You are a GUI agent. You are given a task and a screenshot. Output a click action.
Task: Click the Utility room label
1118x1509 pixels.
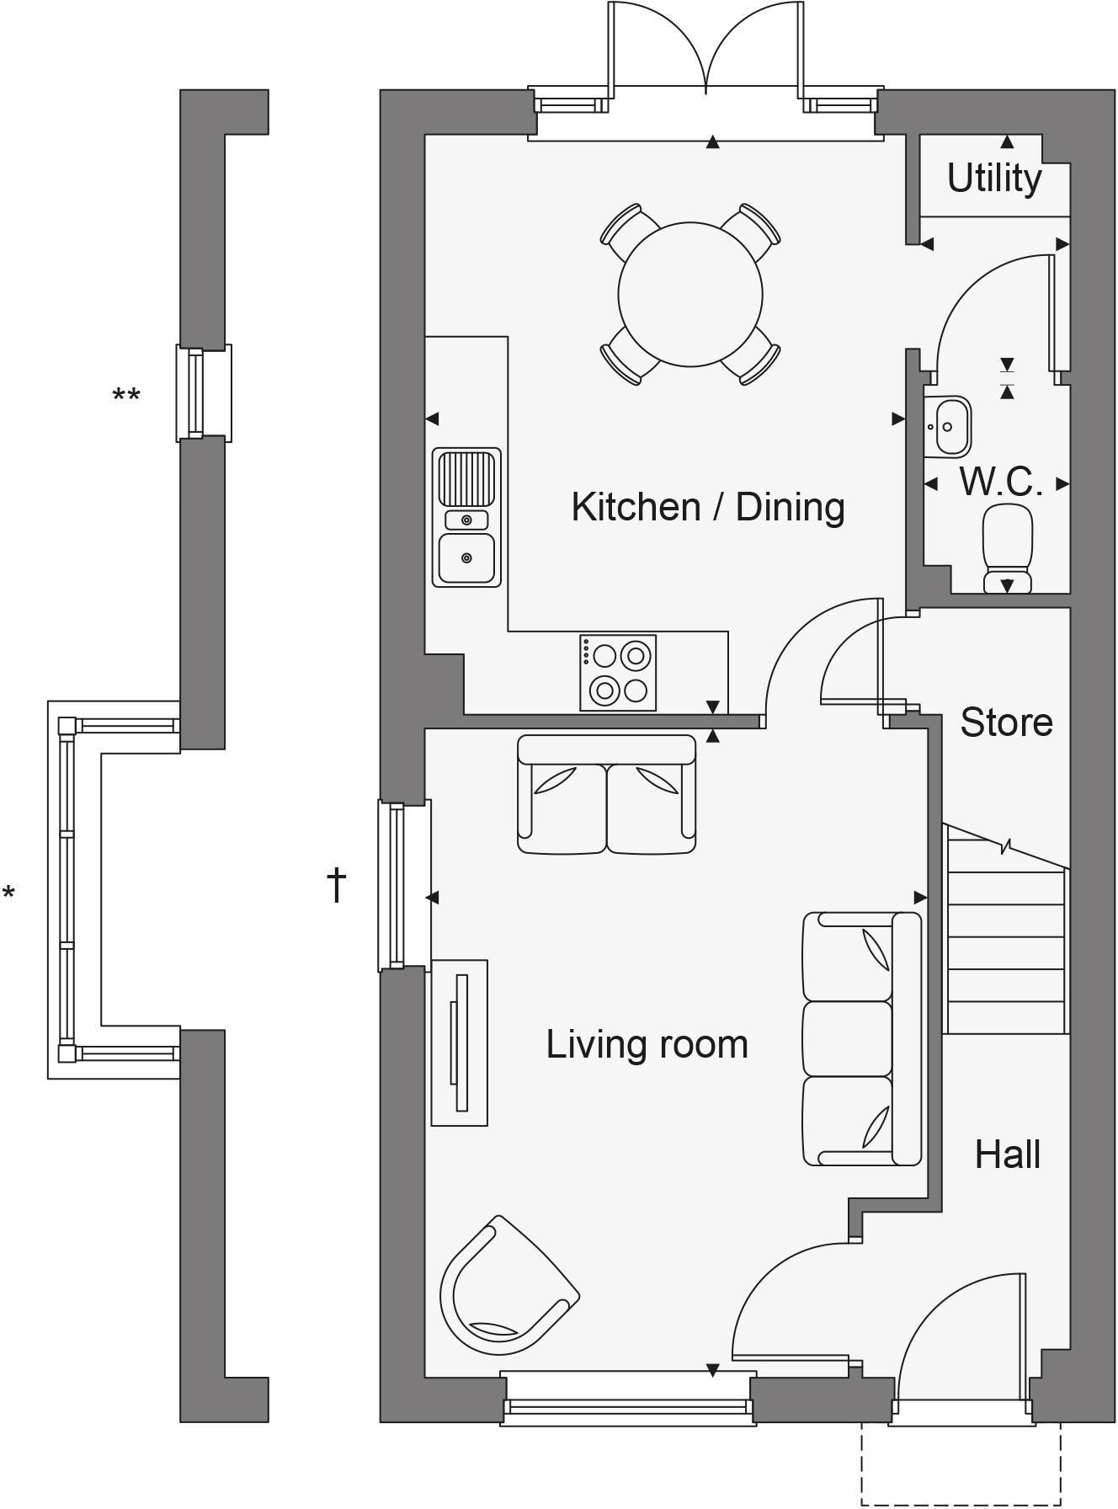point(994,179)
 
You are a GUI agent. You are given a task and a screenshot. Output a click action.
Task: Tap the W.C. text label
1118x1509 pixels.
point(1001,482)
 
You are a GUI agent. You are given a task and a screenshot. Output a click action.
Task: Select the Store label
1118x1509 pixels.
point(1006,723)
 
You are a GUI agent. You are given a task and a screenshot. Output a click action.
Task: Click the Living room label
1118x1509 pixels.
point(647,1044)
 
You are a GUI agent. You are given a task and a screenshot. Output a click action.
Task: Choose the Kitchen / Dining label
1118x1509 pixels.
point(708,507)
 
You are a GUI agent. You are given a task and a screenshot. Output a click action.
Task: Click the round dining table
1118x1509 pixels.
point(690,294)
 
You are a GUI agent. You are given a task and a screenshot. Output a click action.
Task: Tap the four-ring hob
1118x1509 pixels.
point(618,672)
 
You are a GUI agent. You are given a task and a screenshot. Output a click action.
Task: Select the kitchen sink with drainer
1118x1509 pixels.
point(467,517)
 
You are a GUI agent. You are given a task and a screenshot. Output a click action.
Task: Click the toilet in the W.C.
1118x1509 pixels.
point(1008,547)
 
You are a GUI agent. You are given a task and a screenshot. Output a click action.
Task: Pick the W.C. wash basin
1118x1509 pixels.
point(947,426)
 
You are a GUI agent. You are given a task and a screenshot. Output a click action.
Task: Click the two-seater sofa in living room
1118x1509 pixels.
point(607,794)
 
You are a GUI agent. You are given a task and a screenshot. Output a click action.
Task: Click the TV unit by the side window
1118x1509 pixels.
point(460,1042)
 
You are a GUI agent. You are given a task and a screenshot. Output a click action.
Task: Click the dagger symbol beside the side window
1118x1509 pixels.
point(337,885)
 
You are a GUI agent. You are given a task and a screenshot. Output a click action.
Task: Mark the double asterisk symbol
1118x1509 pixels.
point(126,394)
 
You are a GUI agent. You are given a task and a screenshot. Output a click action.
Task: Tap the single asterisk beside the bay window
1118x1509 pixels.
point(8,893)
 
